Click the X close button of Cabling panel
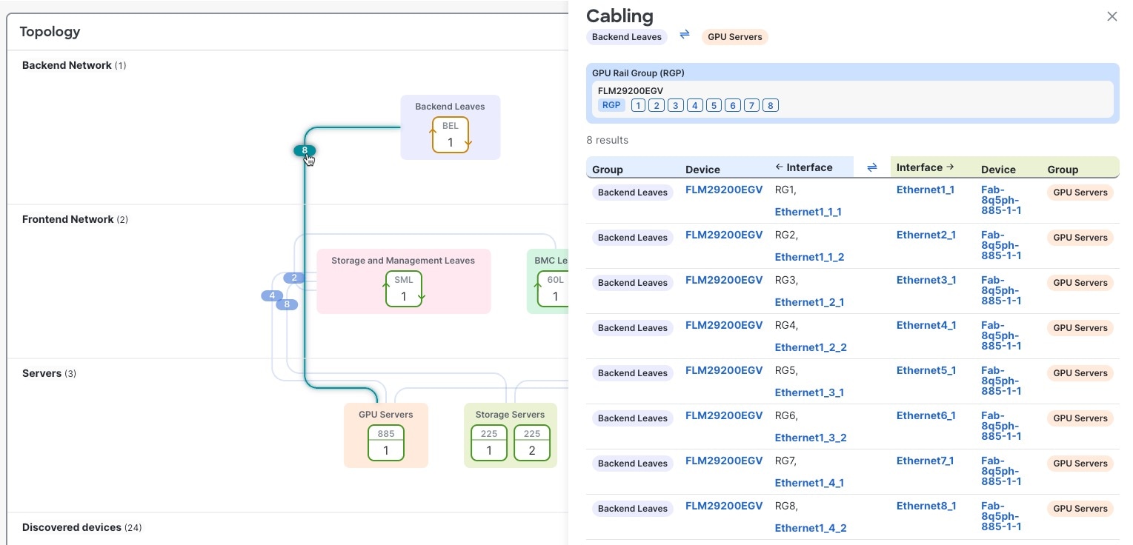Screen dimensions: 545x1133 click(1112, 16)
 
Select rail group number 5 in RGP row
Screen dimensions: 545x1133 click(714, 105)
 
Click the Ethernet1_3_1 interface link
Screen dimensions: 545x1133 click(808, 392)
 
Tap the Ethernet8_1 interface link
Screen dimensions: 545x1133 click(926, 506)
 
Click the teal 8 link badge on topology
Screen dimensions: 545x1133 click(305, 150)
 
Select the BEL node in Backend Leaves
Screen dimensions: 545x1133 click(451, 135)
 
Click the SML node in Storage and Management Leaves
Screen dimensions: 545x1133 click(404, 289)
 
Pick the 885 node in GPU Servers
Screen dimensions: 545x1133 click(386, 443)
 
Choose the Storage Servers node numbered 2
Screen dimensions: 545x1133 click(531, 443)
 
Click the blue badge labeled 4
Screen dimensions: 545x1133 click(272, 295)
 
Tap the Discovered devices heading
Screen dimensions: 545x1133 click(71, 527)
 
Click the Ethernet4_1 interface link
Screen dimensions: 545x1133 click(926, 325)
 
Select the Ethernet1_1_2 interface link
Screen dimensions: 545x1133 click(809, 257)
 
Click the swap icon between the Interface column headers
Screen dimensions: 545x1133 click(872, 167)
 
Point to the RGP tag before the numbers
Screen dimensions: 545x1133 click(611, 105)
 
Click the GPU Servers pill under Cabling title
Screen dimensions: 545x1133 click(734, 36)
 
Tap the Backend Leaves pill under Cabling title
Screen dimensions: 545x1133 click(627, 36)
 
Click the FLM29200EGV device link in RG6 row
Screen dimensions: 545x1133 click(723, 415)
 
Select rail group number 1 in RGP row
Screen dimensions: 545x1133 click(638, 105)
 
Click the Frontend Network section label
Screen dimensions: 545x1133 click(67, 219)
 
